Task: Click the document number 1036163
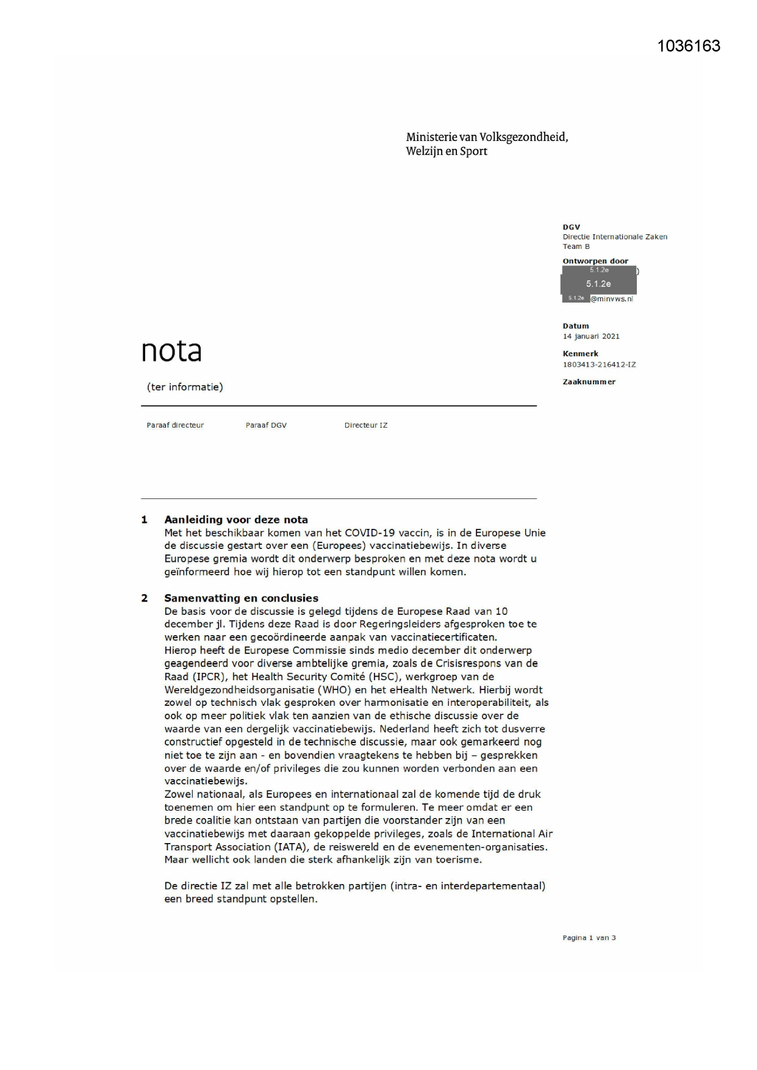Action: coord(689,46)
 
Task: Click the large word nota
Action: coord(171,351)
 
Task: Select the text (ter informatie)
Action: coord(185,387)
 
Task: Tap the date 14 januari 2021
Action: coord(590,336)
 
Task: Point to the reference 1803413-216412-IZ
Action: coord(599,365)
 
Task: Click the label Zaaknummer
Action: coord(589,382)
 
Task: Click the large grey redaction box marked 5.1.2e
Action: coord(598,284)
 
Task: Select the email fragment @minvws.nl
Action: coord(612,299)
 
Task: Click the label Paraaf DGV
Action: coord(266,425)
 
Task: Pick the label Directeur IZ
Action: coord(365,425)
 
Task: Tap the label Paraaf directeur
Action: coord(175,425)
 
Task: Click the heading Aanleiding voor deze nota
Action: coord(235,520)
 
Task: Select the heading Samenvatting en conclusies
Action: coord(241,598)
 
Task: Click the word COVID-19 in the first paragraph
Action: coord(368,533)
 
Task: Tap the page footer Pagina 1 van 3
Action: coord(589,938)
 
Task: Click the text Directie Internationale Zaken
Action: coord(614,237)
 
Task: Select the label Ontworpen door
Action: coord(595,261)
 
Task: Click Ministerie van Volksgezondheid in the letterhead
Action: coord(486,137)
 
